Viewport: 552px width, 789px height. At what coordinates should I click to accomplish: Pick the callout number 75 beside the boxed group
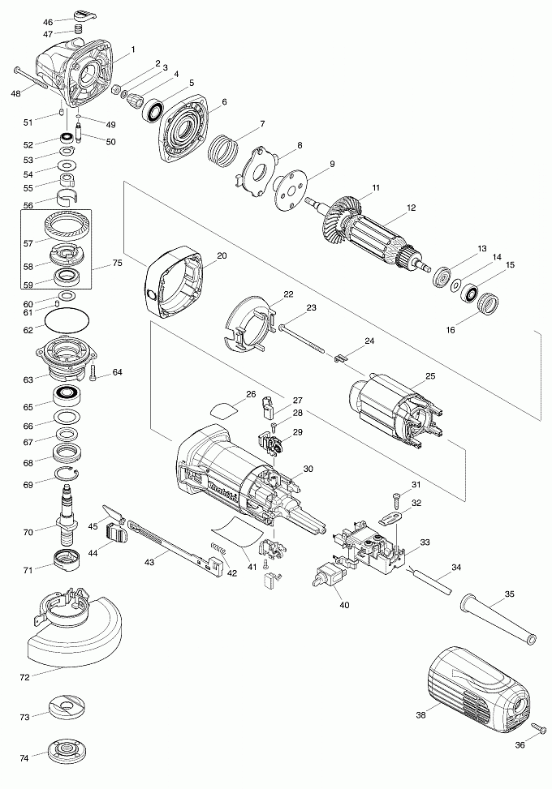(117, 264)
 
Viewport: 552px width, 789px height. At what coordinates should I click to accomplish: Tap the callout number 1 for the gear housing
(132, 49)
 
